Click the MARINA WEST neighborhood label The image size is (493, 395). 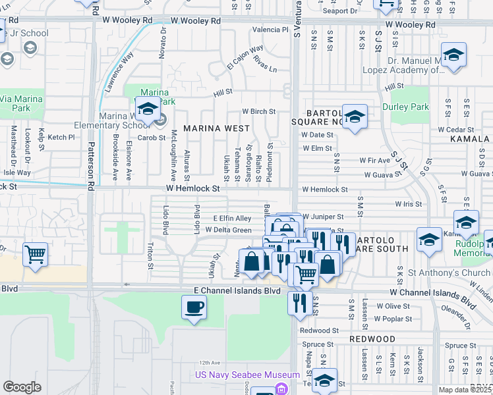click(216, 128)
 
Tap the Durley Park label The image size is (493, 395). click(405, 107)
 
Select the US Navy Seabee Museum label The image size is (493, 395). click(248, 375)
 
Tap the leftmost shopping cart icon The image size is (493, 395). click(35, 254)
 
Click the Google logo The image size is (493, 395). click(22, 387)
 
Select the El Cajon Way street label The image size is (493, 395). click(245, 57)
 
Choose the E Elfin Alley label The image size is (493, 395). click(232, 218)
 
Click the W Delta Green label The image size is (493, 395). click(228, 230)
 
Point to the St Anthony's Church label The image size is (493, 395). click(448, 273)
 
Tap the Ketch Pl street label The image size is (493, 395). click(61, 137)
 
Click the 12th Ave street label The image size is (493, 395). click(209, 362)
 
